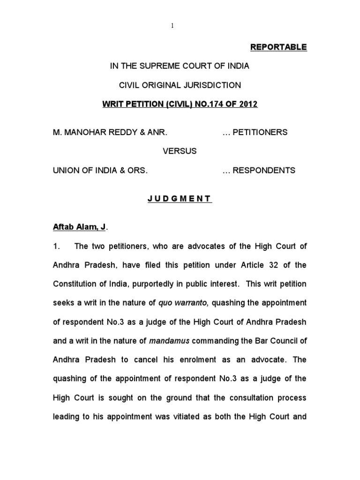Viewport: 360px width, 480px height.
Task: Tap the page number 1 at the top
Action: pyautogui.click(x=172, y=26)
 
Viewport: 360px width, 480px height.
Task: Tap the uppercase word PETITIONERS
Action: pyautogui.click(x=261, y=132)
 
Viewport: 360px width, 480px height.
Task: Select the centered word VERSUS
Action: pyautogui.click(x=180, y=151)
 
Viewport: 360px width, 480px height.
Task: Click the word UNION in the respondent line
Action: pyautogui.click(x=66, y=170)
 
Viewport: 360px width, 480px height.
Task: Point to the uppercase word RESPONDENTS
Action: pyautogui.click(x=264, y=170)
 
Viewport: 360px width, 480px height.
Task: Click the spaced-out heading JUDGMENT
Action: pyautogui.click(x=180, y=199)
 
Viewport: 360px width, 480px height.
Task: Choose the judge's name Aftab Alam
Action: pyautogui.click(x=76, y=227)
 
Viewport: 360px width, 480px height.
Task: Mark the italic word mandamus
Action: pyautogui.click(x=169, y=341)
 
